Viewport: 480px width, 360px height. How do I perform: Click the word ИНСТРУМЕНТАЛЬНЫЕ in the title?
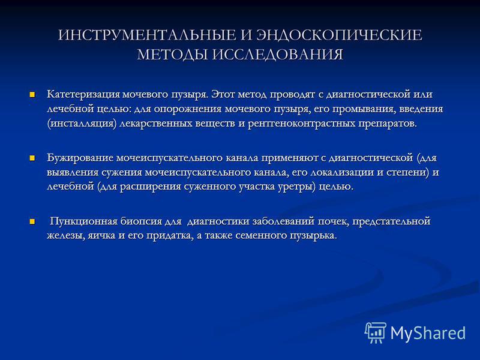(147, 35)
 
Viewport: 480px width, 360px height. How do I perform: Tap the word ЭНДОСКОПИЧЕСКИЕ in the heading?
(340, 35)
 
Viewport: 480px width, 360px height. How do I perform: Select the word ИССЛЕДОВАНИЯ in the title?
(278, 55)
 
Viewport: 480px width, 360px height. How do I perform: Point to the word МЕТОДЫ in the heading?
(173, 55)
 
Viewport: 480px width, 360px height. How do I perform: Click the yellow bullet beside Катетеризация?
(32, 94)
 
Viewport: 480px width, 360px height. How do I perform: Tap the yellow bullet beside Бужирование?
(32, 158)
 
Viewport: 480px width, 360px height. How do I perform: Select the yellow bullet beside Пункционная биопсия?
(32, 221)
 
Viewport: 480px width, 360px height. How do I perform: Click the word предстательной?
(391, 221)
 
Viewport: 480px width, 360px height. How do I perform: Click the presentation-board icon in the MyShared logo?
(376, 333)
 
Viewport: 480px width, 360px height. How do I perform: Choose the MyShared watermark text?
(428, 333)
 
